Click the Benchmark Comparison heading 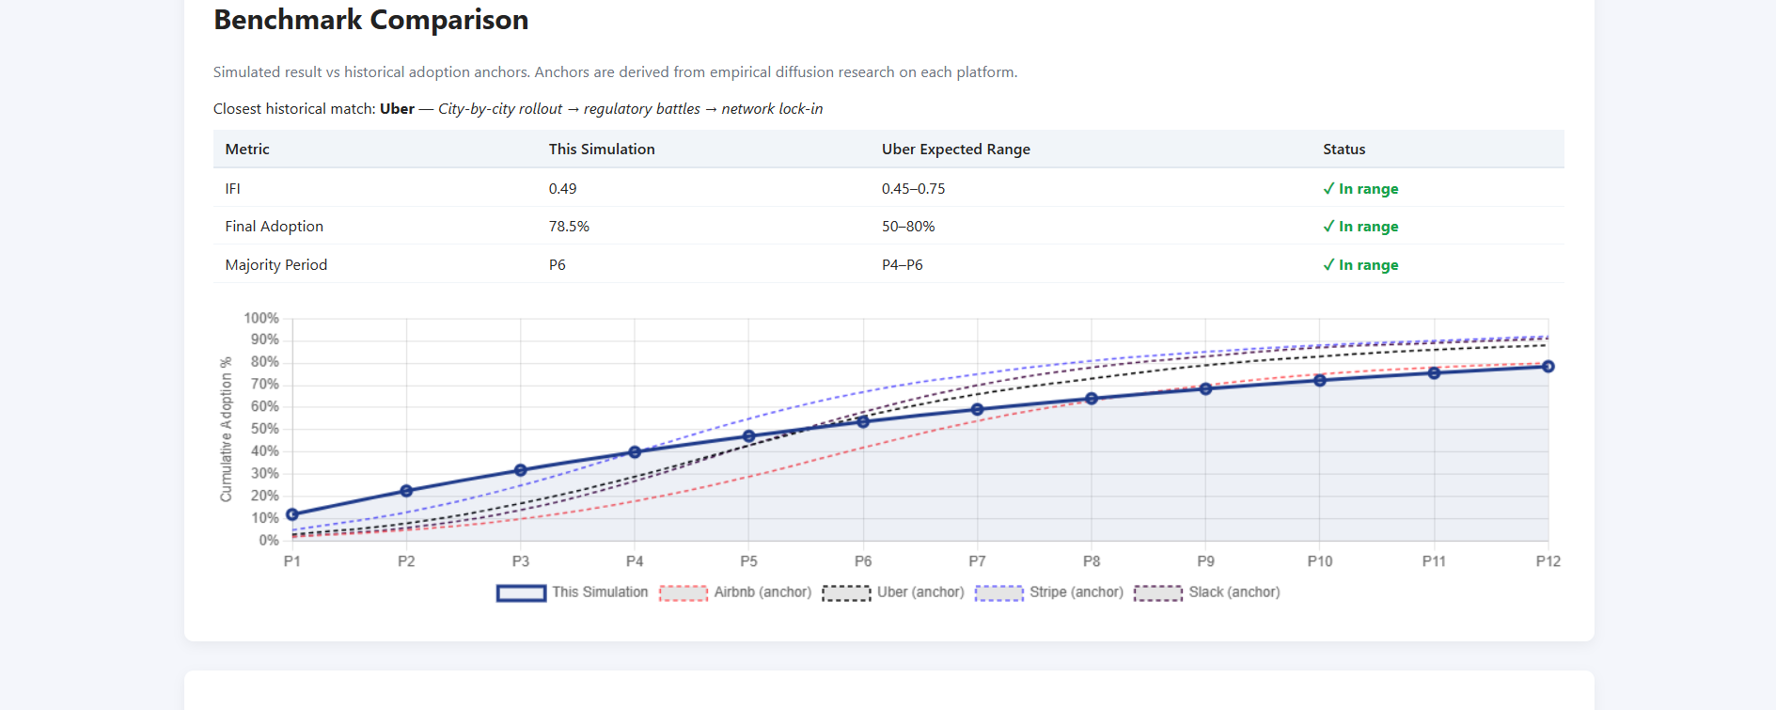pos(370,20)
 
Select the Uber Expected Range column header pos(955,150)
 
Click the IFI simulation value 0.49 pos(562,189)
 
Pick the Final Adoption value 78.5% pos(569,227)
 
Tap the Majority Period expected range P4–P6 pos(902,265)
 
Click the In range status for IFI pos(1360,189)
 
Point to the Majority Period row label pos(275,265)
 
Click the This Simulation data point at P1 pos(292,514)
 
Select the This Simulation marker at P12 pos(1548,367)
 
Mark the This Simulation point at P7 pos(977,410)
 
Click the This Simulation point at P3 pos(521,470)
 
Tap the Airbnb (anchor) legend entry pos(735,592)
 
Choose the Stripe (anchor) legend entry pos(1049,592)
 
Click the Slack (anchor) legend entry pos(1207,592)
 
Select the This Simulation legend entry pos(573,592)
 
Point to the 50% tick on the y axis pos(264,429)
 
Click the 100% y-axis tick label pos(260,319)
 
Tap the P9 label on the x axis pos(1205,561)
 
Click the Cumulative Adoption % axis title pos(226,429)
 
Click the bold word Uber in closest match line pos(397,109)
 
